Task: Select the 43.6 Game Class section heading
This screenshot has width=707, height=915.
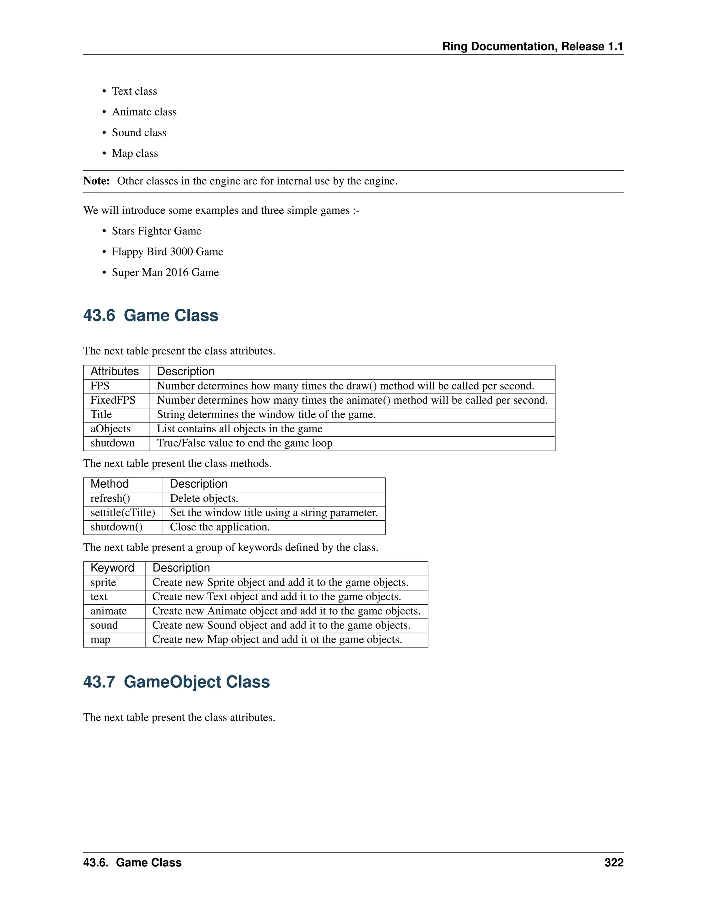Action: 151,316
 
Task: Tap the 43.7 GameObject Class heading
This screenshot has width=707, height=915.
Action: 176,682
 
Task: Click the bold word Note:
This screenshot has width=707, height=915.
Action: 96,181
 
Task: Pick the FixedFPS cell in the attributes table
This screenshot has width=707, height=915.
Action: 113,400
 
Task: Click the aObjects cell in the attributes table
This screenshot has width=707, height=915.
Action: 110,428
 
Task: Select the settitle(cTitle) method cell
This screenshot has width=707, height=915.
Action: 123,513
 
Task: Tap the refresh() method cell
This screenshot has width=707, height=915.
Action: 110,499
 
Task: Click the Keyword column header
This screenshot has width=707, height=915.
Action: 112,568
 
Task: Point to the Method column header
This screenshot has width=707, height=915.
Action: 109,484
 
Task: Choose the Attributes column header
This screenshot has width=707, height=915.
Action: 114,372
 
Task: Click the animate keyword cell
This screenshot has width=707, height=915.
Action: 108,611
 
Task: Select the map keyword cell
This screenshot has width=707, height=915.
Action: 100,640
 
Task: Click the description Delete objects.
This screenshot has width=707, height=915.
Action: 204,499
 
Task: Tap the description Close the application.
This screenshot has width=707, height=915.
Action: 220,527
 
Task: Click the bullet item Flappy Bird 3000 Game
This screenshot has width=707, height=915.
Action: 167,252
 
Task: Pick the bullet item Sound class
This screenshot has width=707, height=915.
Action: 139,133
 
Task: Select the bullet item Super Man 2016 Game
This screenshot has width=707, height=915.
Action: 165,272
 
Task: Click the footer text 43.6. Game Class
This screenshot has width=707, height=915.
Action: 132,862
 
